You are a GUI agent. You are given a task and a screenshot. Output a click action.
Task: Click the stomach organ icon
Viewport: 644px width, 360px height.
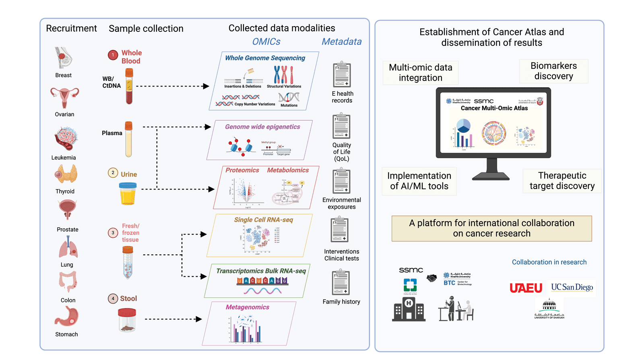click(x=66, y=316)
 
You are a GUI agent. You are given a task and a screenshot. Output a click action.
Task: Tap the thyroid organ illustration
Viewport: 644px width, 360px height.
click(x=66, y=174)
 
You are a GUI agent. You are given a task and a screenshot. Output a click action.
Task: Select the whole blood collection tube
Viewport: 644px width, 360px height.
click(x=129, y=86)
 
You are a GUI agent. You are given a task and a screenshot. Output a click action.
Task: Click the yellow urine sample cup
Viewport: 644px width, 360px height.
click(x=128, y=193)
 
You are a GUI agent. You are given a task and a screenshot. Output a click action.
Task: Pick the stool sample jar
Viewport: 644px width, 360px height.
click(x=127, y=320)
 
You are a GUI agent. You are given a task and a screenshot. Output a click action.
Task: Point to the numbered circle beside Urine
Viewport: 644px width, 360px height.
click(x=113, y=173)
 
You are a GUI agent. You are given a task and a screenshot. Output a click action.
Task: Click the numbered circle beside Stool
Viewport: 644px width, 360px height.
click(x=113, y=298)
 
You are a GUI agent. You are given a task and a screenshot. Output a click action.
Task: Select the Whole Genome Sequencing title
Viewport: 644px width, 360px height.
click(x=265, y=58)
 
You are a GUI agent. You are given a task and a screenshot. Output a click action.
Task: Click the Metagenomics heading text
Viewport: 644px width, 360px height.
click(x=247, y=307)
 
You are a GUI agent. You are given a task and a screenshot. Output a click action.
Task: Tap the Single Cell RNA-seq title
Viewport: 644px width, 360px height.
click(x=263, y=220)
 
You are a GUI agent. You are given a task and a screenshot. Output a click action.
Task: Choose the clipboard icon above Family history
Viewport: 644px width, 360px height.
click(x=341, y=283)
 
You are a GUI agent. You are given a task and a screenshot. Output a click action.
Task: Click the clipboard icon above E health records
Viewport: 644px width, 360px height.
click(x=342, y=75)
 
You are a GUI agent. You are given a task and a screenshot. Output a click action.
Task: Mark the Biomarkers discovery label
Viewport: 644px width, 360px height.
click(x=553, y=71)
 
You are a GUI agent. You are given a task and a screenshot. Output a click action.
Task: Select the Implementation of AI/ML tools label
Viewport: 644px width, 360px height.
click(x=419, y=181)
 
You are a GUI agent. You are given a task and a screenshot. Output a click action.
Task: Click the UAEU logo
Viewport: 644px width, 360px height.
click(x=526, y=288)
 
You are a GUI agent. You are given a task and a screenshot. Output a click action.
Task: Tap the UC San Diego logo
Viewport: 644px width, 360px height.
click(x=572, y=288)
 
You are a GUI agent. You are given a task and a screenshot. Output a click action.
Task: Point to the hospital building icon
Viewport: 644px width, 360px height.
click(x=409, y=309)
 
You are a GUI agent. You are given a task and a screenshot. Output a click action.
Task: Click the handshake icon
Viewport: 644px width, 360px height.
click(x=432, y=278)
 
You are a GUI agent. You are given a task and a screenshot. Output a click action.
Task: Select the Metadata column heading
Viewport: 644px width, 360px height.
click(x=341, y=41)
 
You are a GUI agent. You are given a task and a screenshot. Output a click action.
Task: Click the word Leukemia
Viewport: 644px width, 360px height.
click(x=64, y=158)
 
